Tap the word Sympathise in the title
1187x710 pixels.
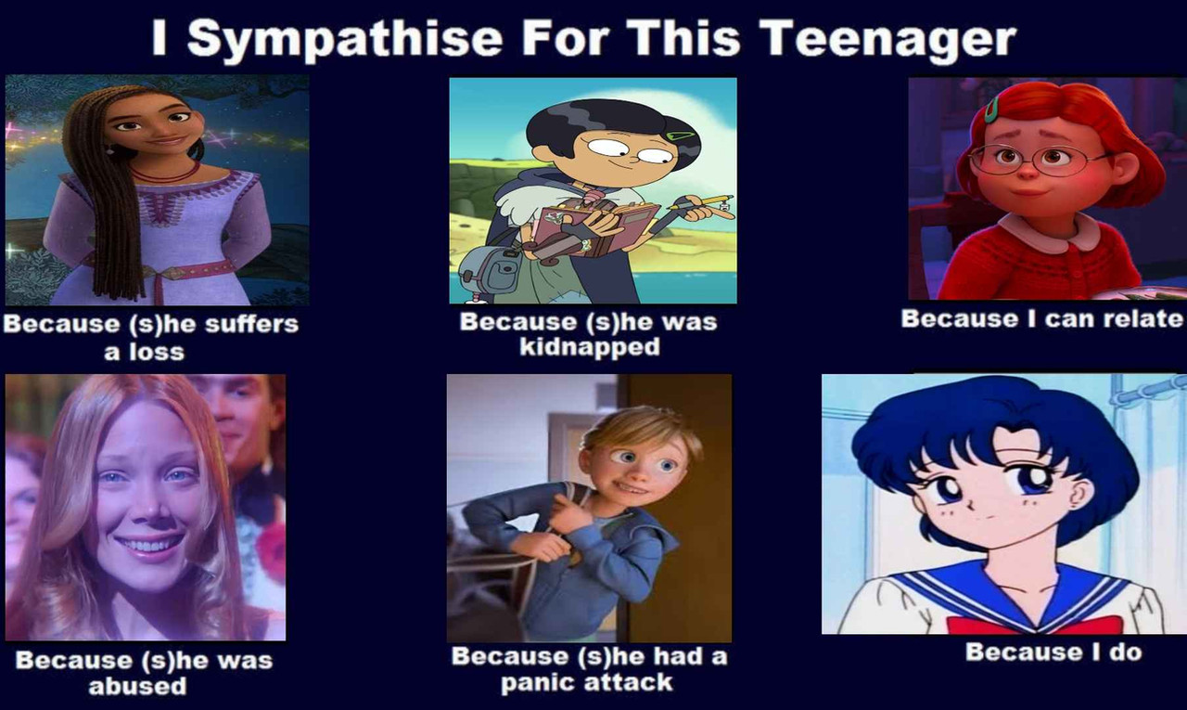click(x=344, y=40)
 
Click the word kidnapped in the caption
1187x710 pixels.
click(x=590, y=347)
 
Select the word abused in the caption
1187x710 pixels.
click(x=138, y=686)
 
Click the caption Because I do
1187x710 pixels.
click(x=1053, y=652)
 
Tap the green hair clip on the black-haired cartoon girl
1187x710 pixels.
click(x=681, y=136)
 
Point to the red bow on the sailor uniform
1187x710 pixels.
click(x=1033, y=626)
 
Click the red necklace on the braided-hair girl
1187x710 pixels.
click(x=165, y=174)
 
